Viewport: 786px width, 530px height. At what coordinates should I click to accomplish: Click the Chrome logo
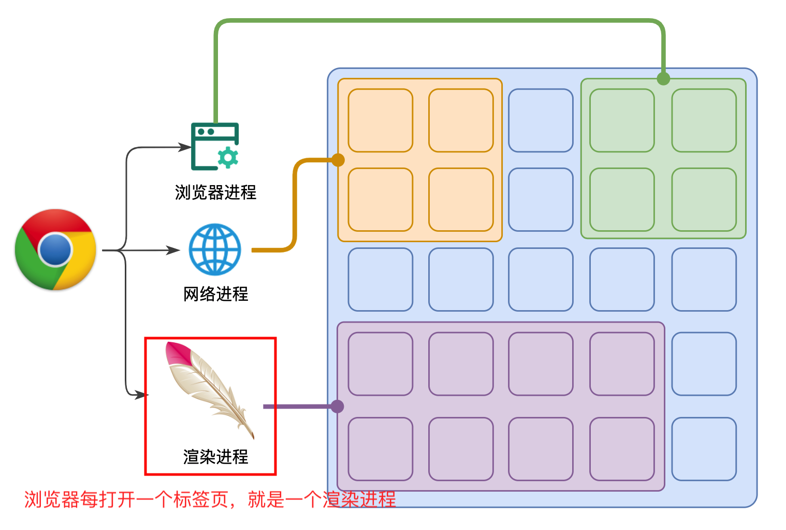[x=55, y=249]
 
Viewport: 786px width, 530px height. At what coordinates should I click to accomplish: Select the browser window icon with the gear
[x=214, y=146]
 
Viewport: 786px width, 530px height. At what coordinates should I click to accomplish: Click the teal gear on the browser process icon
[x=228, y=158]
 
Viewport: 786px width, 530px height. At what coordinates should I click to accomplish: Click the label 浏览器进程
[x=215, y=192]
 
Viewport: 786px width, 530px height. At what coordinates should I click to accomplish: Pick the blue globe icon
[x=215, y=249]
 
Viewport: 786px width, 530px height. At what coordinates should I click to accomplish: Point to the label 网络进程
[x=215, y=294]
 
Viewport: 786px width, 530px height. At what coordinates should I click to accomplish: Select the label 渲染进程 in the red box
[x=215, y=457]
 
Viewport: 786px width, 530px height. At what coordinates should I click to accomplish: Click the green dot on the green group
[x=663, y=79]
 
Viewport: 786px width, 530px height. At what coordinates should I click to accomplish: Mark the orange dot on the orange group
[x=338, y=160]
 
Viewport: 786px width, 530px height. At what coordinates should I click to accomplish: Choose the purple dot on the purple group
[x=338, y=406]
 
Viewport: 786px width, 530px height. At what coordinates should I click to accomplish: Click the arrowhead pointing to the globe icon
[x=173, y=250]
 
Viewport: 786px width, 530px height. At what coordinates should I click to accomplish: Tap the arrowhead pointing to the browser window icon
[x=185, y=147]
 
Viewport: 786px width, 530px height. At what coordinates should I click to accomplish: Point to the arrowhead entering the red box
[x=141, y=395]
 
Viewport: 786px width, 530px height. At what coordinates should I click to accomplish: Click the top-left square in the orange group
[x=380, y=120]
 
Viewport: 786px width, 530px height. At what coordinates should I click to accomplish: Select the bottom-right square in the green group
[x=704, y=200]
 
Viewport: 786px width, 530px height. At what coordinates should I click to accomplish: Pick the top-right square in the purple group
[x=622, y=364]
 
